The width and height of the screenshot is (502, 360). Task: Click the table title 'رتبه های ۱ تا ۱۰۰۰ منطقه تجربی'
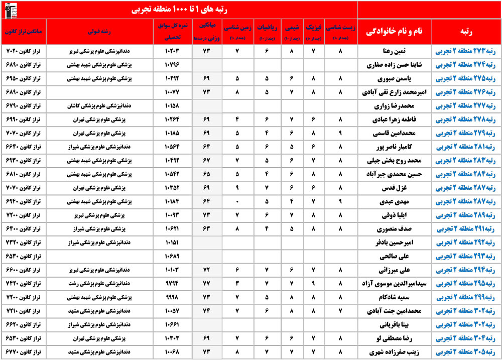(x=179, y=10)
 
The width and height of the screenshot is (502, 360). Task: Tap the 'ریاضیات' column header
(x=266, y=31)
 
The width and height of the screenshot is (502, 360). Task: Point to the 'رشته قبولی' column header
(x=105, y=31)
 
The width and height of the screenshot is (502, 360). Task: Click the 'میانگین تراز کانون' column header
(x=24, y=31)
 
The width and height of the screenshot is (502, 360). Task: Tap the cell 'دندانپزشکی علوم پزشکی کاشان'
(x=105, y=106)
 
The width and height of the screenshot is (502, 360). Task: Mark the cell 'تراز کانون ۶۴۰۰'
(x=24, y=229)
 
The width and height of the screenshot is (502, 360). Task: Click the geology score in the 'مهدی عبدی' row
(x=237, y=202)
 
